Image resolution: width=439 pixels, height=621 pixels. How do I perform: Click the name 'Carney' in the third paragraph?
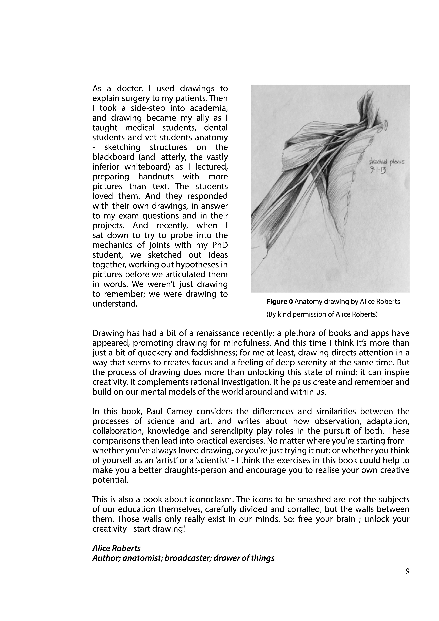click(x=177, y=411)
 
